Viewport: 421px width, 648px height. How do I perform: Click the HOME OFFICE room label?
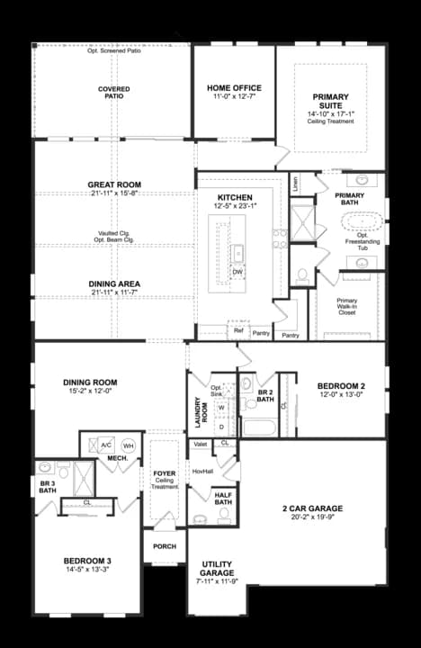tap(234, 88)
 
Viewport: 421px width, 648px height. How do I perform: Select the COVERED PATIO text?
tap(114, 94)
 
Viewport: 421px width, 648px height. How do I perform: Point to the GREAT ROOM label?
tap(114, 184)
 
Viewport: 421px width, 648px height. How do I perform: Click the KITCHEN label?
tap(235, 198)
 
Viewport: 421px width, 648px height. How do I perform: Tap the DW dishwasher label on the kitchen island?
tap(237, 271)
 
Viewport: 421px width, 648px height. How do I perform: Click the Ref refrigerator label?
tap(238, 330)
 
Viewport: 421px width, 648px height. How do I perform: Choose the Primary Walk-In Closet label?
tap(347, 306)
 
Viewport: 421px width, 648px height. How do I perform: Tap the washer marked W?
tap(221, 407)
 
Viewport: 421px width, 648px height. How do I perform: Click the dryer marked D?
tap(221, 427)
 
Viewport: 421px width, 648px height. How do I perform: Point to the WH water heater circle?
tap(128, 445)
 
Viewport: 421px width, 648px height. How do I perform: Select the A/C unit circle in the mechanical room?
tap(105, 445)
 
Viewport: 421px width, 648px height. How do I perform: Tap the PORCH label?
tap(165, 545)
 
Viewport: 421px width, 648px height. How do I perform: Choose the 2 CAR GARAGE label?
tap(312, 508)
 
